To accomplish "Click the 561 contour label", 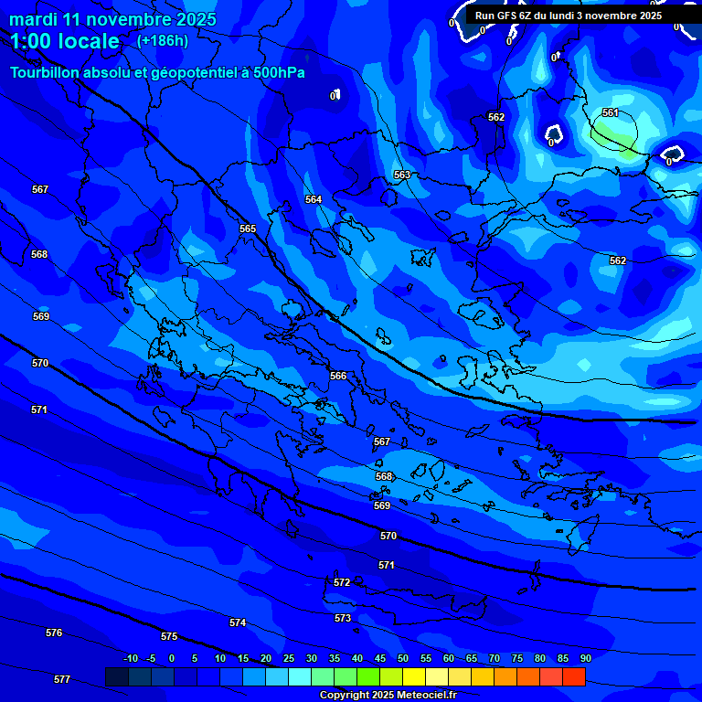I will (x=611, y=112).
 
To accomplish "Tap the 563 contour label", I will (x=402, y=175).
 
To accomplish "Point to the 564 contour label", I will (x=314, y=199).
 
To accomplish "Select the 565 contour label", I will (x=248, y=229).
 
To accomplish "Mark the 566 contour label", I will (x=338, y=376).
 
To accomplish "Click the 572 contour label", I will (x=342, y=582).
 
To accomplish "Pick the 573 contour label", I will (x=343, y=618).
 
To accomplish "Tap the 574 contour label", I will (x=238, y=622).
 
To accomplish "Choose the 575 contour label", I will (x=169, y=636).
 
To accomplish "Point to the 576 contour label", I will (x=54, y=633).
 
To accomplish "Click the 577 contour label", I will (x=62, y=679).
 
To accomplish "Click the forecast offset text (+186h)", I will (x=163, y=40).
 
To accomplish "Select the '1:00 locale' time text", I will (x=65, y=41).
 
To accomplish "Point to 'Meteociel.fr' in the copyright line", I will (x=424, y=695).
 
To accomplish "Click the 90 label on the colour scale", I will (x=585, y=658).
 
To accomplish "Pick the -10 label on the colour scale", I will (x=130, y=658).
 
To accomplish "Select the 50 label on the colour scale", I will (x=403, y=658).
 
